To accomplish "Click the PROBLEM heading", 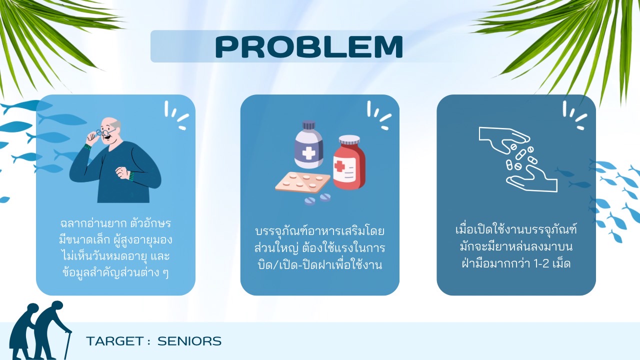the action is (309, 47).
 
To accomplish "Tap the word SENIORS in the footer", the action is (189, 341).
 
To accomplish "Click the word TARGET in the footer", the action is (115, 341).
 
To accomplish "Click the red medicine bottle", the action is (349, 162).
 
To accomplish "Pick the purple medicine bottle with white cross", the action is (308, 144).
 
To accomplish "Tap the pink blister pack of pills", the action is (303, 182).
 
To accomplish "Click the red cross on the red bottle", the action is (339, 165).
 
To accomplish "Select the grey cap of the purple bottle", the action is (308, 125).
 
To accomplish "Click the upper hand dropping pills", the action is (504, 138).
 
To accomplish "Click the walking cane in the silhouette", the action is (67, 345).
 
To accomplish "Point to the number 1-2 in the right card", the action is (541, 263).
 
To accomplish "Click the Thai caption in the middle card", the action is (319, 248).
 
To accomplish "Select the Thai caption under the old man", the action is (115, 248).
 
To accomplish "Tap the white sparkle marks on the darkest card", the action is (575, 115).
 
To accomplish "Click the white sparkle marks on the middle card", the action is (379, 115).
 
